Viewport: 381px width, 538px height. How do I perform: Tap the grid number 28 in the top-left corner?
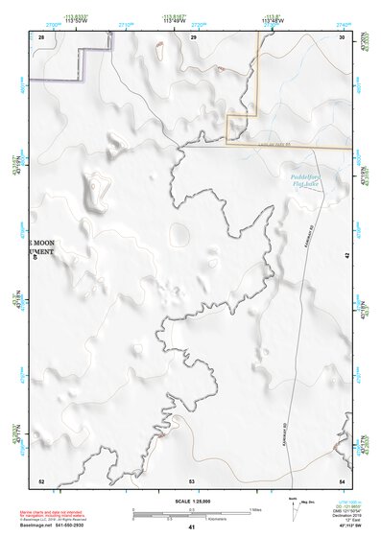point(41,36)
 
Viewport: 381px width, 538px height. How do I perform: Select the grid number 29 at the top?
point(193,36)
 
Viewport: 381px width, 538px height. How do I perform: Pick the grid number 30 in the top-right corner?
point(343,36)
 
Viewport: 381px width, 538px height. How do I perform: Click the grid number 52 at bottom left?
point(41,480)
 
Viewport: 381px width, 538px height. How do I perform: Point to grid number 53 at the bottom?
point(192,480)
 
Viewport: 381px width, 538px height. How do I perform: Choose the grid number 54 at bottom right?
point(343,480)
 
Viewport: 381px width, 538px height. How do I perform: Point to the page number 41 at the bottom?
point(192,528)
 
